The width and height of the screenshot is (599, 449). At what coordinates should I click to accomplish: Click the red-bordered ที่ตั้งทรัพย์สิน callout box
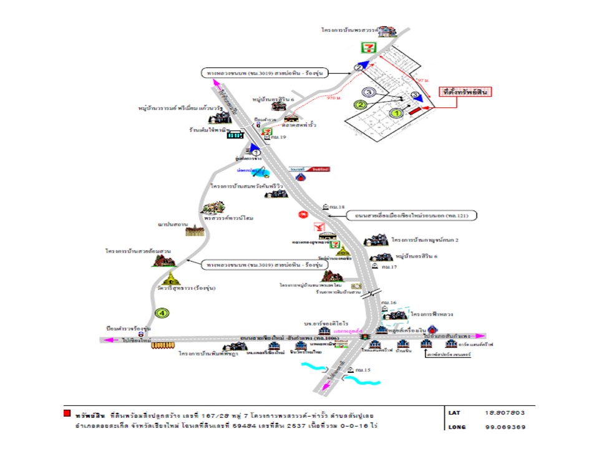pyautogui.click(x=463, y=92)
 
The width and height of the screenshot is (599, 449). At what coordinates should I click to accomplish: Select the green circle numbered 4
pyautogui.click(x=162, y=312)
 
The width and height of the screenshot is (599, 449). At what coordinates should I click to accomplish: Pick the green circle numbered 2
pyautogui.click(x=360, y=105)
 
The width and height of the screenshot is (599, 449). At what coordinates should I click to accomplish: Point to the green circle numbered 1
pyautogui.click(x=394, y=113)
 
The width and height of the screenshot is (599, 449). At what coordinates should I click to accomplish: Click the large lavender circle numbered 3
pyautogui.click(x=369, y=92)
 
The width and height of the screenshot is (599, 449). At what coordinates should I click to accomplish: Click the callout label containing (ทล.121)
pyautogui.click(x=412, y=216)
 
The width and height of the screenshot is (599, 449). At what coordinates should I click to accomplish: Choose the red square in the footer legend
pyautogui.click(x=66, y=413)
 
